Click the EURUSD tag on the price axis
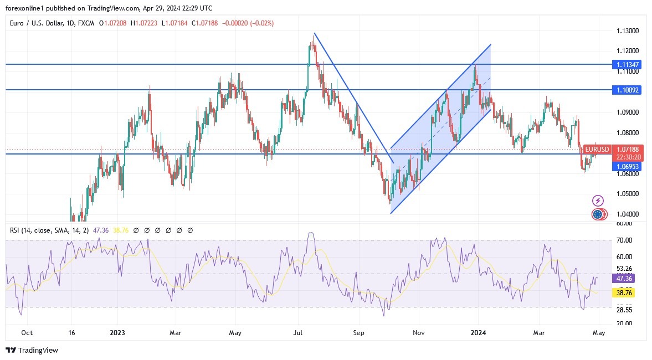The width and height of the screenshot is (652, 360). [x=597, y=150]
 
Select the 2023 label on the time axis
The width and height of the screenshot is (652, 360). [x=117, y=333]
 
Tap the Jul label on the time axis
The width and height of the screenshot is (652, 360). [x=298, y=333]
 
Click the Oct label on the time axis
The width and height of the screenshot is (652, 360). [x=27, y=333]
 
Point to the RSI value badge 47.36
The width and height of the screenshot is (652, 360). [x=623, y=279]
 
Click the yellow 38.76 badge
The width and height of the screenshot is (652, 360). [x=623, y=291]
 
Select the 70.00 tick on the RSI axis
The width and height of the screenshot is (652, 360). [x=624, y=240]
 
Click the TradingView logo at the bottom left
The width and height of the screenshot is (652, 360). [x=32, y=350]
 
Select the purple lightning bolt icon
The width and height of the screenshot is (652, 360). [x=598, y=200]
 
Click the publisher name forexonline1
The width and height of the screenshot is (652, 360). [x=27, y=8]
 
